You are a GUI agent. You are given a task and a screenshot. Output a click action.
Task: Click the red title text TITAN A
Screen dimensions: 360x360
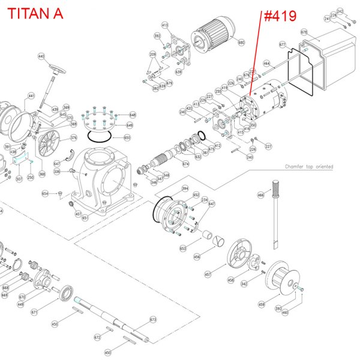(34, 13)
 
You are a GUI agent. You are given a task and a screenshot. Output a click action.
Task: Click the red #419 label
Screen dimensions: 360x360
(280, 16)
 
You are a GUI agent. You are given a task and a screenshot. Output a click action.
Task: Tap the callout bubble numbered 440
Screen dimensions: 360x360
(41, 56)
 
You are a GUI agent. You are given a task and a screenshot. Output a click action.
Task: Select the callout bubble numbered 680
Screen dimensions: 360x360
(241, 43)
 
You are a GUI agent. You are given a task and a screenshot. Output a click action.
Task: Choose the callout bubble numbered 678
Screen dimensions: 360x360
(304, 31)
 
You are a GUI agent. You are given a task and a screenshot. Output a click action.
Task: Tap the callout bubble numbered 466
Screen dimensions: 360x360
(261, 194)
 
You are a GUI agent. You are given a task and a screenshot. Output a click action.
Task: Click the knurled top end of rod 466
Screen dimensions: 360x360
(276, 187)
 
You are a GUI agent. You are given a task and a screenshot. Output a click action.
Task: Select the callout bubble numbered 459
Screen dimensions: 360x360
(261, 304)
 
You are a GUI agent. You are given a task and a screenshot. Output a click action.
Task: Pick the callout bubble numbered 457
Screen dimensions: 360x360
(208, 274)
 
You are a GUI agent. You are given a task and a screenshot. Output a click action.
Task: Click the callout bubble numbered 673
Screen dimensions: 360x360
(152, 319)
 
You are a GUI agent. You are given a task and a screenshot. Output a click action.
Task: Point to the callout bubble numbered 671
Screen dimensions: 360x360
(34, 313)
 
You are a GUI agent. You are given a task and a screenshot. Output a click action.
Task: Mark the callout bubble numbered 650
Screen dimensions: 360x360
(127, 137)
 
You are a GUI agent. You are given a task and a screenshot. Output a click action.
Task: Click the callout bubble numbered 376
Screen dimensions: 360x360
(74, 137)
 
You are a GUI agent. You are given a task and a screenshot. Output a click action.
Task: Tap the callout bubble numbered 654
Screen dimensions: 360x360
(45, 193)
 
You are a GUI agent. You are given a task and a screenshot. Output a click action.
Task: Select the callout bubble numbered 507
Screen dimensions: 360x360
(20, 178)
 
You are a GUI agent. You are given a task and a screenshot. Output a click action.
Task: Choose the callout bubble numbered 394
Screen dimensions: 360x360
(185, 188)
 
